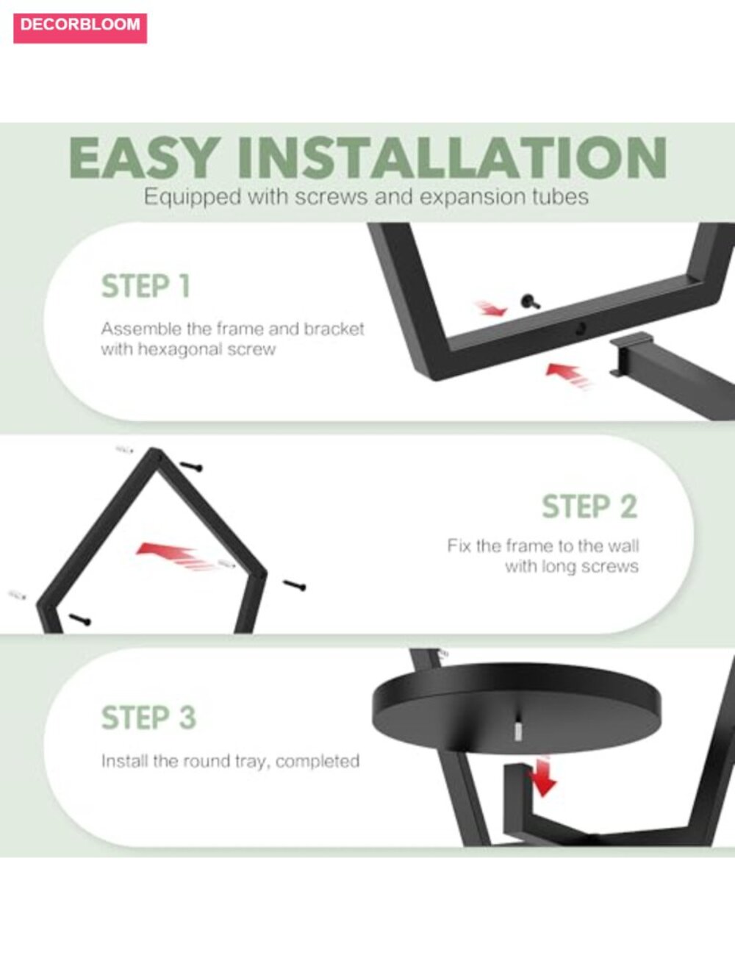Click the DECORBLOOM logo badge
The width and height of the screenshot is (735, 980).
point(80,28)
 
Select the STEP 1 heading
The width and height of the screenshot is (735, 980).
point(146,286)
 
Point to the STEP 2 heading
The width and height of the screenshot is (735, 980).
point(590,507)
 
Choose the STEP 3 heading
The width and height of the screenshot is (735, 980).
point(148,718)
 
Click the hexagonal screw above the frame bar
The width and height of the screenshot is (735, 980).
point(530,302)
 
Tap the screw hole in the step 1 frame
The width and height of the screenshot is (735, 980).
point(581,329)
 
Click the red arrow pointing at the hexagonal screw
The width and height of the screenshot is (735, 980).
point(490,308)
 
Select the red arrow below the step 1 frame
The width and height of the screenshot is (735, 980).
point(569,376)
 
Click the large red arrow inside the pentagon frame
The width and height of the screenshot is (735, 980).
point(173,557)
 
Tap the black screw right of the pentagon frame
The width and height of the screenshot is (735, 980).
point(294,585)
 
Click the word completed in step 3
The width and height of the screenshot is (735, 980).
point(318,761)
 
